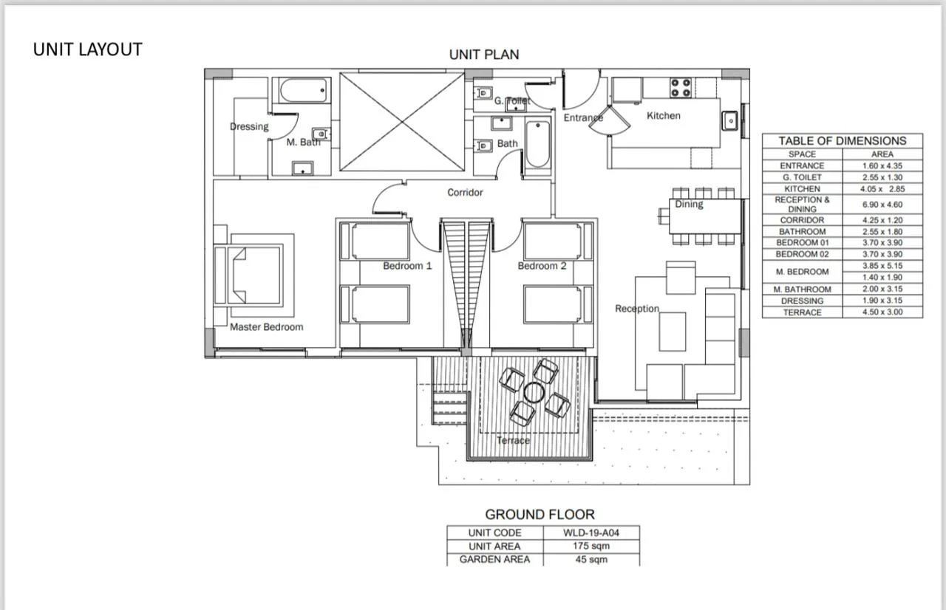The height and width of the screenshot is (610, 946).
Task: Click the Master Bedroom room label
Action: [267, 327]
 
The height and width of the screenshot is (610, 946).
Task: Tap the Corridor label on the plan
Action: [465, 192]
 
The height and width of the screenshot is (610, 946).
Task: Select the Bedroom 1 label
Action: [407, 266]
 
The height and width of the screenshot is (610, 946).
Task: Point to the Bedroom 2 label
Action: [542, 266]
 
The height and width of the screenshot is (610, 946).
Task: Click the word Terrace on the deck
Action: [513, 440]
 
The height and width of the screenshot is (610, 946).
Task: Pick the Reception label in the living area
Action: [637, 309]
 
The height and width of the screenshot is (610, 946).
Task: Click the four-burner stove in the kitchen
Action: [681, 88]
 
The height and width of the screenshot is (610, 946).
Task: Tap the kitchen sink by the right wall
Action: [729, 120]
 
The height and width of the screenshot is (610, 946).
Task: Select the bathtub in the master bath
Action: [304, 90]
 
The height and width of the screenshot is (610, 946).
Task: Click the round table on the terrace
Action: [534, 392]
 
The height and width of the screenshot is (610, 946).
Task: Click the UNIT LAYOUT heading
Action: [88, 49]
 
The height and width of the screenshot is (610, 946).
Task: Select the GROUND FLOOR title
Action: [540, 514]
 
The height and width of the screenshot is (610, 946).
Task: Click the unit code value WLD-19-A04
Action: [591, 532]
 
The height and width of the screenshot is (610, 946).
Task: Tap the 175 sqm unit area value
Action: [591, 546]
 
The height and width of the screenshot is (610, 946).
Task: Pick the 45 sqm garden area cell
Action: [591, 559]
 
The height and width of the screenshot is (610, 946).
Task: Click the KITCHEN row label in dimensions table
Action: [802, 188]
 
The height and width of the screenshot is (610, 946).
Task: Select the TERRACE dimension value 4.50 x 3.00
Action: [882, 312]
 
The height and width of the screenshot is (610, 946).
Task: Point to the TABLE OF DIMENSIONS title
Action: [843, 141]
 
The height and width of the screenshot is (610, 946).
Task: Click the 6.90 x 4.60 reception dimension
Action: [882, 205]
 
